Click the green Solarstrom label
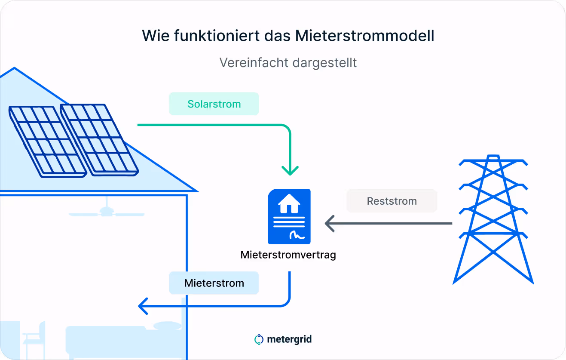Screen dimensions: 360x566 [x=214, y=104]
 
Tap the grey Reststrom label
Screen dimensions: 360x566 [x=392, y=201]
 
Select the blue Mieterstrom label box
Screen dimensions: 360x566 [x=214, y=283]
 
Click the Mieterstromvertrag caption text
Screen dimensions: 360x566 [x=288, y=255]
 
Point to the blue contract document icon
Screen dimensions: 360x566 [x=289, y=216]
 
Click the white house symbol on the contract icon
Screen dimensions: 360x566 [x=289, y=203]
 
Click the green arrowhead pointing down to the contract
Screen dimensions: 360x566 [x=290, y=170]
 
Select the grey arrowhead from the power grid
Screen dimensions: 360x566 [x=330, y=224]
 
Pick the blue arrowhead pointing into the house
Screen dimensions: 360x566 [x=144, y=306]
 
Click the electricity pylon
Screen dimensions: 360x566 [x=493, y=219]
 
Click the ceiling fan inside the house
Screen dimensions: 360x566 [x=106, y=211]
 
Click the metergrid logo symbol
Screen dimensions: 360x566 [x=259, y=339]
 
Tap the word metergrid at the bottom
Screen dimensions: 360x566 [x=289, y=339]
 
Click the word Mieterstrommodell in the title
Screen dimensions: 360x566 [x=365, y=36]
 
